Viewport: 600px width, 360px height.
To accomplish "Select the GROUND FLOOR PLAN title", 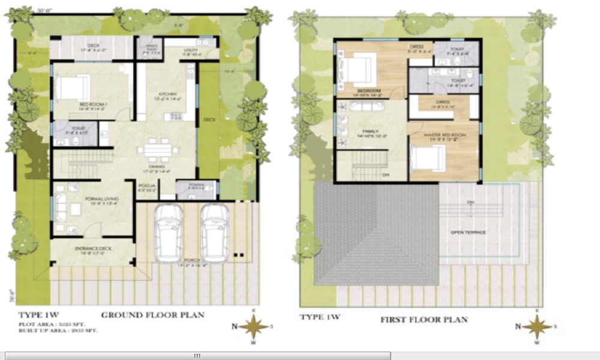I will pyautogui.click(x=152, y=315).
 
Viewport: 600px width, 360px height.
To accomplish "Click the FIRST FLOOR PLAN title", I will pyautogui.click(x=424, y=320).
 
